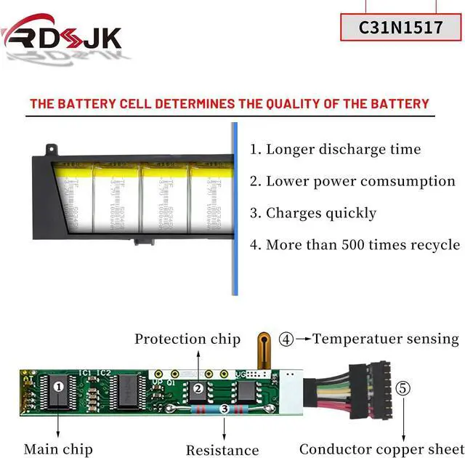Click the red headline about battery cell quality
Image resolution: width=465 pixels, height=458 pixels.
point(229,103)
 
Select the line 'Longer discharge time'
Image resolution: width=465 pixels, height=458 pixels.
point(335,150)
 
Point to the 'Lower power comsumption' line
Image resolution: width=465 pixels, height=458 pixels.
point(352,181)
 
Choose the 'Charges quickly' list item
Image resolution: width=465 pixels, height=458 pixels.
point(313,213)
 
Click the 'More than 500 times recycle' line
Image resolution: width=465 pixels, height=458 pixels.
point(355,244)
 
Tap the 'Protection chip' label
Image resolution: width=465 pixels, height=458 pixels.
point(187,339)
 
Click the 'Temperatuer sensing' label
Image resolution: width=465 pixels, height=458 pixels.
point(386,338)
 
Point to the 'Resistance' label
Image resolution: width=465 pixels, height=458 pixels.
point(222,450)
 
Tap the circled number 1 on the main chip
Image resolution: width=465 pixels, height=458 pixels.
point(58,387)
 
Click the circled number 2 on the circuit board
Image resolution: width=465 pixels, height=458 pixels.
point(198,388)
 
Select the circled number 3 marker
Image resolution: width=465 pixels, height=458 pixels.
point(225,410)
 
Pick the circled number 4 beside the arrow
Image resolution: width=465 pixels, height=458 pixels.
point(287,338)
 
